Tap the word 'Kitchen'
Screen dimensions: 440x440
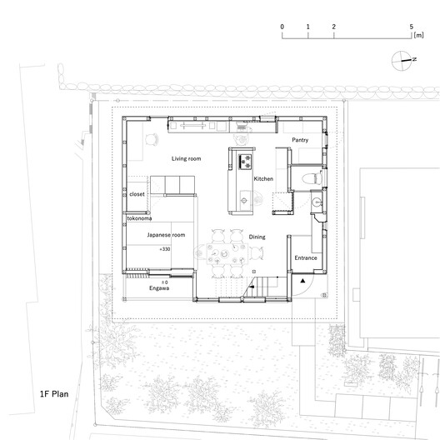[263, 179]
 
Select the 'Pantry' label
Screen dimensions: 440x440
[301, 141]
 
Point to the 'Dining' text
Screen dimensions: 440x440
[257, 237]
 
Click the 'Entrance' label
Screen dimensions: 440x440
[306, 259]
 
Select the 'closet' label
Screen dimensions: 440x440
[137, 193]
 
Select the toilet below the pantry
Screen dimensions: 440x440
[309, 177]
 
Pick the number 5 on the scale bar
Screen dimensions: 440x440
[412, 27]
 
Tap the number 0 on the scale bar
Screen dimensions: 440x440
[282, 27]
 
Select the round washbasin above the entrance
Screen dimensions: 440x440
[315, 202]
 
